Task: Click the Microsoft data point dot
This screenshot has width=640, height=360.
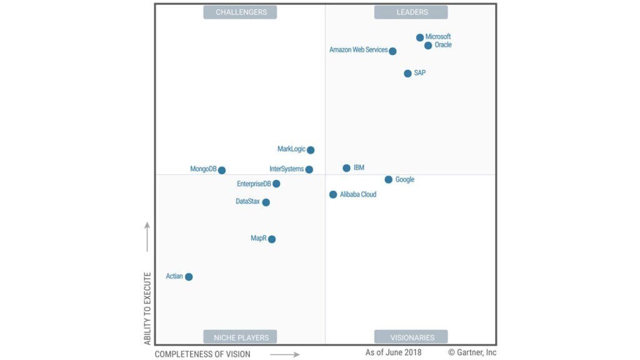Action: click(420, 37)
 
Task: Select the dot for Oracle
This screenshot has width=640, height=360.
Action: click(428, 46)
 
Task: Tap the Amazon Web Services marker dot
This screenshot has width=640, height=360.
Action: click(392, 51)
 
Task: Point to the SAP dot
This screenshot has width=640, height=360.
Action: click(408, 74)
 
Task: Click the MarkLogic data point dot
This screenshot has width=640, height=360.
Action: click(311, 150)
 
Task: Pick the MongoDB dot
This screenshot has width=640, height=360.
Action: click(222, 171)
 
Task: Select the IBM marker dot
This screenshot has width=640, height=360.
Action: click(346, 168)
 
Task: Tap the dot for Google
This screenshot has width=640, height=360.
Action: click(389, 180)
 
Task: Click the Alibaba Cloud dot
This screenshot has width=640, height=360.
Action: click(333, 195)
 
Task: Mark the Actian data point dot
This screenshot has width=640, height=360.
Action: click(189, 277)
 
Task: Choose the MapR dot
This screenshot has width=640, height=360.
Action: click(272, 239)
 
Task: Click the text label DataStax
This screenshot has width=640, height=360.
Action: click(247, 202)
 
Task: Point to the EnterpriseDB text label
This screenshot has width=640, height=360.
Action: click(254, 184)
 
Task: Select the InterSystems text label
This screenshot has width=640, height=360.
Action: click(286, 169)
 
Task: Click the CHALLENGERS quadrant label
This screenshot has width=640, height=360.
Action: click(241, 12)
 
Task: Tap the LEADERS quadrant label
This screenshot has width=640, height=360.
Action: click(411, 12)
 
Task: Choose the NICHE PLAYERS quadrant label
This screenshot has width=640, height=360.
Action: click(241, 337)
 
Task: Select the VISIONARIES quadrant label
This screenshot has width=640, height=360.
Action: click(411, 337)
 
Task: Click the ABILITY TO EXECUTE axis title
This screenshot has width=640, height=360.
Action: click(147, 308)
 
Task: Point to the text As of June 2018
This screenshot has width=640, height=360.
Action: click(394, 352)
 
